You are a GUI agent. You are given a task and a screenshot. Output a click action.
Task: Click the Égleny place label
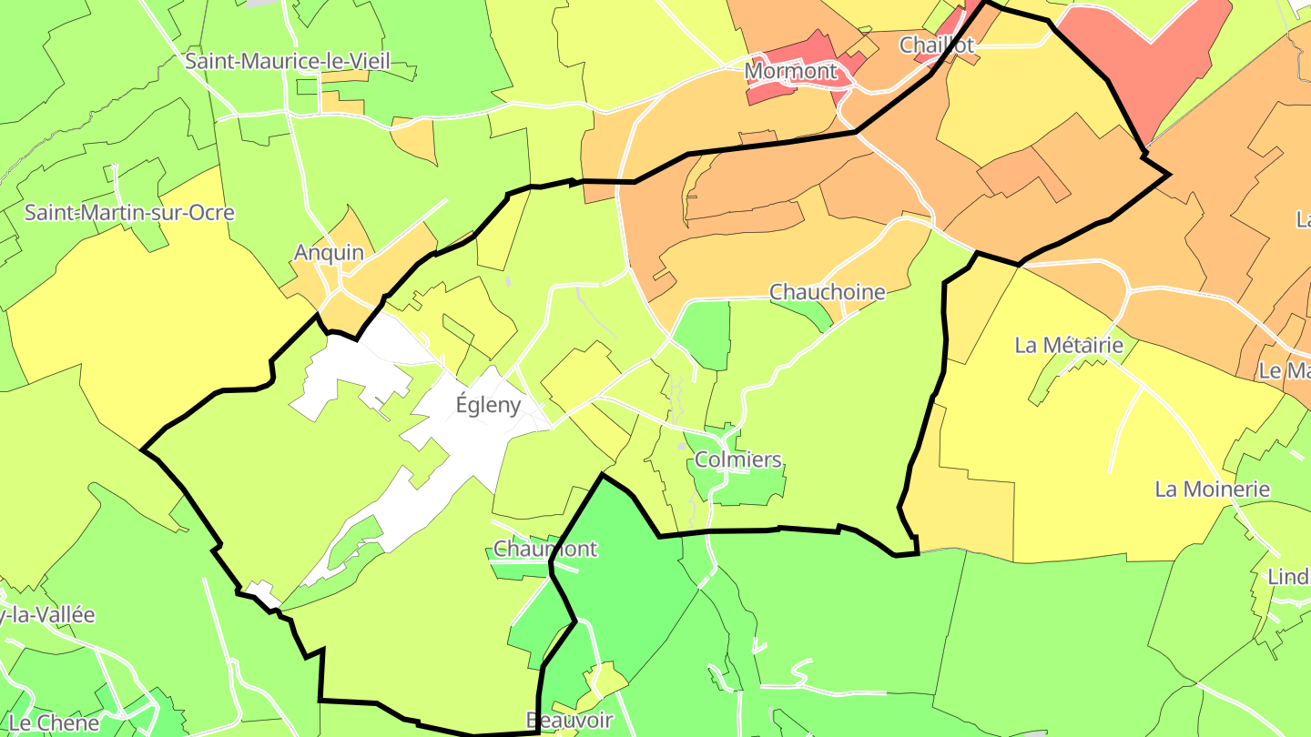coord(488,406)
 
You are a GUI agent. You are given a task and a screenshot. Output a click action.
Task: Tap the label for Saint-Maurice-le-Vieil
coord(288,62)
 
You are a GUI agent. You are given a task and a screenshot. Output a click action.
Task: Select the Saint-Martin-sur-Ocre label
coord(129,213)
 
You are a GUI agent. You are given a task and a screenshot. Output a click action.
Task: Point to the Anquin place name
coord(329,253)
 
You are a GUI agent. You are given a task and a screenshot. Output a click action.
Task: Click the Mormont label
coord(791,70)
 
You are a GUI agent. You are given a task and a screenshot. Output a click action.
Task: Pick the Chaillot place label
coord(937,45)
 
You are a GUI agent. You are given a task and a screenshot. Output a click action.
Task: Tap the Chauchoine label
coord(827,292)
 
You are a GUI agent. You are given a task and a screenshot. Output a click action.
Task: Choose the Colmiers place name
coord(738,459)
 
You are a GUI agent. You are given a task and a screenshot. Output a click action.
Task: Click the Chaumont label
coord(544,549)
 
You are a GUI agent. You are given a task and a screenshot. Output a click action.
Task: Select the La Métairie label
coord(1069,346)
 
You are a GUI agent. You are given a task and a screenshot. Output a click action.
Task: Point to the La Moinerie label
coord(1212,490)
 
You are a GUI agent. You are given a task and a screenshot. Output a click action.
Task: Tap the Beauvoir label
coord(569,721)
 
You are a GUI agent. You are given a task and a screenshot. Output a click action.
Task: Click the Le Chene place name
coord(54,723)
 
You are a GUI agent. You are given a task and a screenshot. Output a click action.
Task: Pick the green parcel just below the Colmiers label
coord(751,487)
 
